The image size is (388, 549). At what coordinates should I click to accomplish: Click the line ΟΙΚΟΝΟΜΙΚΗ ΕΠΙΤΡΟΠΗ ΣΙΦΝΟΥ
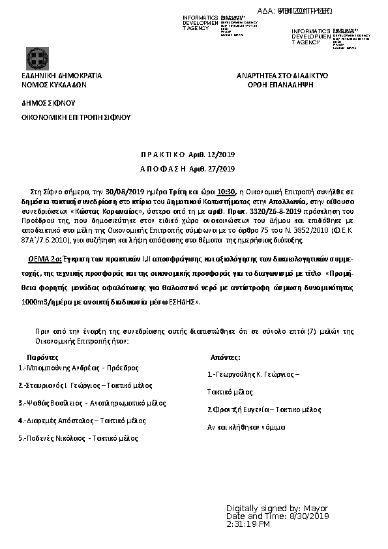76,117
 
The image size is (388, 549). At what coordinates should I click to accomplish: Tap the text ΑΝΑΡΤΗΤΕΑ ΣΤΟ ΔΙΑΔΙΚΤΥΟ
282,76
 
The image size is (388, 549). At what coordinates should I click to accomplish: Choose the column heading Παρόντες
42,357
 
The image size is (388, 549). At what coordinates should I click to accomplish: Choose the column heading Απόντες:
226,357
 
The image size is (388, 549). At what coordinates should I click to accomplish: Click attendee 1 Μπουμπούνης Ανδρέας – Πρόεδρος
79,368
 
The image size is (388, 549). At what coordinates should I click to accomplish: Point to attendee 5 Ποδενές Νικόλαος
79,438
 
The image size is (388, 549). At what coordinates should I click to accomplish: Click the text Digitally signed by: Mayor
277,508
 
